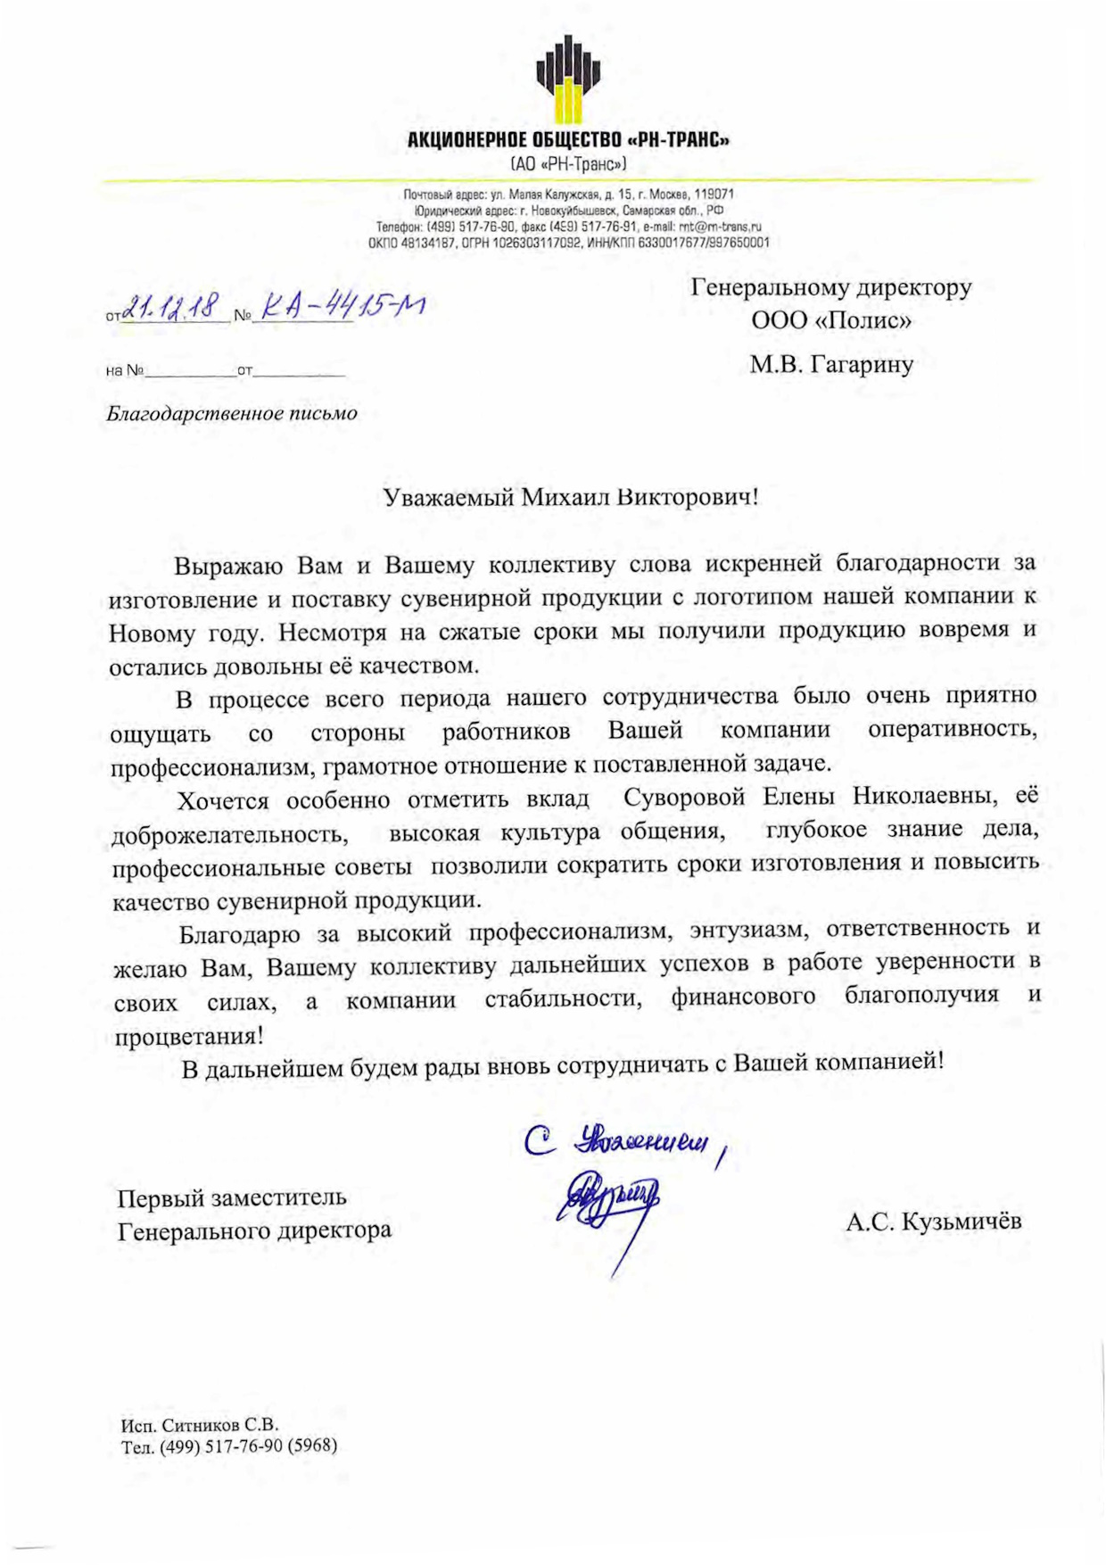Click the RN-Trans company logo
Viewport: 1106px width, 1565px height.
point(568,79)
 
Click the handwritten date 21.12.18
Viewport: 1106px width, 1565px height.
point(171,308)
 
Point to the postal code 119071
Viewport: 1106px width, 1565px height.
point(714,194)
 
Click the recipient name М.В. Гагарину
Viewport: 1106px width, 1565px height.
point(831,364)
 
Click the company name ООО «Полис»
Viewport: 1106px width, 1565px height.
point(831,320)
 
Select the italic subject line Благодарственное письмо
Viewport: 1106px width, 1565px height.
point(232,413)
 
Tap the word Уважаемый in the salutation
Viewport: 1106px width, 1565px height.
point(449,497)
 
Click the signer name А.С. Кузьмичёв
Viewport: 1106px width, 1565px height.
point(933,1221)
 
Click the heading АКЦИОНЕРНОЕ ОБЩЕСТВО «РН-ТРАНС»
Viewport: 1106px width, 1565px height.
point(568,140)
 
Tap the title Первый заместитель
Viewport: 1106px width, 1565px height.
point(232,1197)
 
